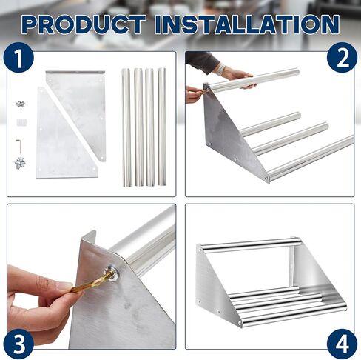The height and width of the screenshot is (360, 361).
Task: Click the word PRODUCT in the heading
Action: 84,24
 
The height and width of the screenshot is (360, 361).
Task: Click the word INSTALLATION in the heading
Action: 247,24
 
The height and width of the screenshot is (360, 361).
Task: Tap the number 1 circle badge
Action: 18,57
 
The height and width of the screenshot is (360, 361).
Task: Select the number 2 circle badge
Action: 342,57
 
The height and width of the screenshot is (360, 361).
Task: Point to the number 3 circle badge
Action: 18,344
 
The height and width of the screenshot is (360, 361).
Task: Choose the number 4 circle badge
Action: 342,344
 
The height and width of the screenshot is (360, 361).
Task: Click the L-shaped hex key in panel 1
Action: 19,146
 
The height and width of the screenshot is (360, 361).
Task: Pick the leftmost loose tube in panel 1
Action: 126,127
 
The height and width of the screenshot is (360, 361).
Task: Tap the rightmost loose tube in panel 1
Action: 162,127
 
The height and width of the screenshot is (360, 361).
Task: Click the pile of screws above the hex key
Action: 20,104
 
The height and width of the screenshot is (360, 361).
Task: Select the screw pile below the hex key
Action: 20,163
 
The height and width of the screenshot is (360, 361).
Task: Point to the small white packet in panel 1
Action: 21,122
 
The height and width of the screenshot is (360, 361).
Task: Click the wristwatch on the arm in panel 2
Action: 222,68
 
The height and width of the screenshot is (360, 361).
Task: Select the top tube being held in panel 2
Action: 254,79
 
